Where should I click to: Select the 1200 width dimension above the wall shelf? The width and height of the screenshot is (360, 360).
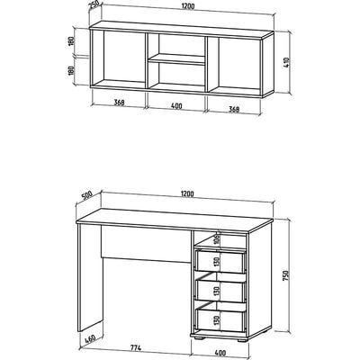(187, 6)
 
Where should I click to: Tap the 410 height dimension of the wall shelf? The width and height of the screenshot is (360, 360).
(286, 63)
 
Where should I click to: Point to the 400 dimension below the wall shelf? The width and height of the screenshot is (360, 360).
(176, 106)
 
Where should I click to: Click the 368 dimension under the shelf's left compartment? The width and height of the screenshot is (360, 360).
(119, 103)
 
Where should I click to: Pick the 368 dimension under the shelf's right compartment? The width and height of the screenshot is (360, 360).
(234, 109)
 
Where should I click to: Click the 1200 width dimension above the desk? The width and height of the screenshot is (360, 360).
(187, 193)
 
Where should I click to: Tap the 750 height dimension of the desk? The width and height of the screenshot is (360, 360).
(286, 275)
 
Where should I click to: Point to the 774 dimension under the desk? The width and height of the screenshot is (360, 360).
(135, 348)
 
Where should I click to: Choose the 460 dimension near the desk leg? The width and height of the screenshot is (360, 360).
(90, 339)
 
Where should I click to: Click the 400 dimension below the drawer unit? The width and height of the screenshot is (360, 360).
(220, 353)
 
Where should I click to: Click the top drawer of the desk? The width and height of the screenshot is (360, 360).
(220, 260)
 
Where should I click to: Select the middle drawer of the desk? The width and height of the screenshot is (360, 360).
(220, 289)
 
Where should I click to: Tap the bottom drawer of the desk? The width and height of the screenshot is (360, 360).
(220, 318)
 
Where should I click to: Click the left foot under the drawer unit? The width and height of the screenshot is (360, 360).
(199, 337)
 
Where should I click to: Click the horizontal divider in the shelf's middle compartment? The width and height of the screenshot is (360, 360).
(176, 59)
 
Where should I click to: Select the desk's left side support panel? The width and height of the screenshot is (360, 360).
(90, 276)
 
